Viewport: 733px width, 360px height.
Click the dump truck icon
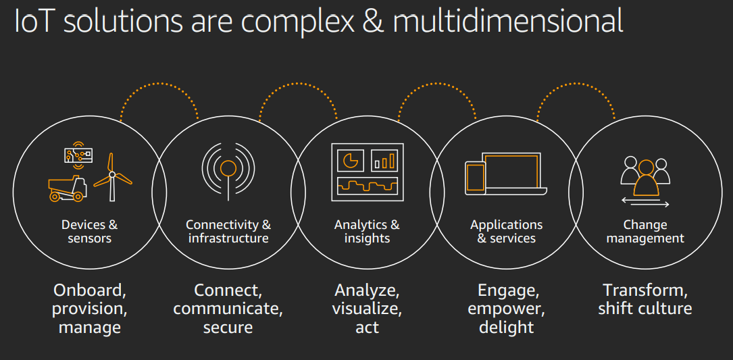point(67,188)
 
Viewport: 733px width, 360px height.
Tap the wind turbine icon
point(112,177)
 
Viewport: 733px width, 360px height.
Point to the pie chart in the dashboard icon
point(351,160)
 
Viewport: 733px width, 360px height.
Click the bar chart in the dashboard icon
point(384,161)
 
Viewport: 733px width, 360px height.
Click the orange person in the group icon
point(646,177)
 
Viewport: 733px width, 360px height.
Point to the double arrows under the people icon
point(645,203)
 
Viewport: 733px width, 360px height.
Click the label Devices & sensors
point(89,231)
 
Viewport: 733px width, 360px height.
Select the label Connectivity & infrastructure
point(228,231)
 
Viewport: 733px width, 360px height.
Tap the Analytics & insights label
point(367,231)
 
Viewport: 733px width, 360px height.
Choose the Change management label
point(645,231)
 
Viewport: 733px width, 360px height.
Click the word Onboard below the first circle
point(89,290)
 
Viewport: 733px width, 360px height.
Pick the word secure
point(228,328)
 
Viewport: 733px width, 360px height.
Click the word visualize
point(367,309)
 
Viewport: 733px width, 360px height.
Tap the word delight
point(506,328)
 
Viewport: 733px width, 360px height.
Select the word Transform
point(645,290)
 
